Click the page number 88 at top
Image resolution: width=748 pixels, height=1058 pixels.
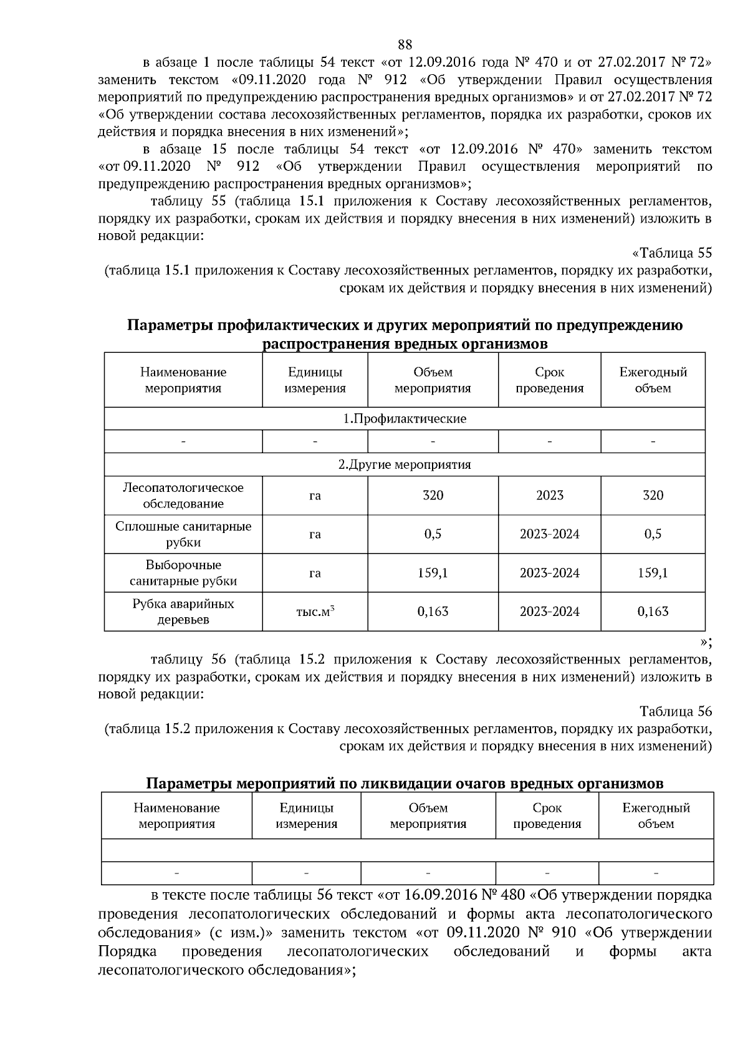(405, 44)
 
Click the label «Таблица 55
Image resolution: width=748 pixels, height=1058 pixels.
(671, 253)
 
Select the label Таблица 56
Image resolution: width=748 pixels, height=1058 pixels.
(675, 711)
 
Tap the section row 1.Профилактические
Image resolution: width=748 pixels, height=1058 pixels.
(405, 418)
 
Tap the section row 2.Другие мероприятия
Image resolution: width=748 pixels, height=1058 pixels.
(405, 464)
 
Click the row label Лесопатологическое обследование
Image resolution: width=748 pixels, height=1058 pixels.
(183, 496)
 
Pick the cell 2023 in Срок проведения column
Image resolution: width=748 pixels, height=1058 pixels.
(549, 496)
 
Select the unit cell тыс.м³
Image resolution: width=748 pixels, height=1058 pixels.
(315, 612)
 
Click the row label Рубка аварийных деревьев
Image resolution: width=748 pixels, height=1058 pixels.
(183, 612)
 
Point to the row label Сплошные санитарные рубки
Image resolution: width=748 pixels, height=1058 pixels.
(183, 534)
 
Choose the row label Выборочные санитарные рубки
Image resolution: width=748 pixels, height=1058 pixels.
(183, 573)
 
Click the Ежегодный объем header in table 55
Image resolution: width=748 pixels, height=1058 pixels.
(653, 380)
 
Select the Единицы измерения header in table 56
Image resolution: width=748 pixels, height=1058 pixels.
(306, 815)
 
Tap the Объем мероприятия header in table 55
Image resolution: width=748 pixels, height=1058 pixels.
(433, 380)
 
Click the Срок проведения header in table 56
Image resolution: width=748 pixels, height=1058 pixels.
(547, 815)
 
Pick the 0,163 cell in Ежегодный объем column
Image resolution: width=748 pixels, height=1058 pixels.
(653, 612)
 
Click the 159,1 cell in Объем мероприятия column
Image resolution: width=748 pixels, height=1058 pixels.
(433, 573)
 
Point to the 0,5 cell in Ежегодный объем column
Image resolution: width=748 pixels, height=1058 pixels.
(653, 534)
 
